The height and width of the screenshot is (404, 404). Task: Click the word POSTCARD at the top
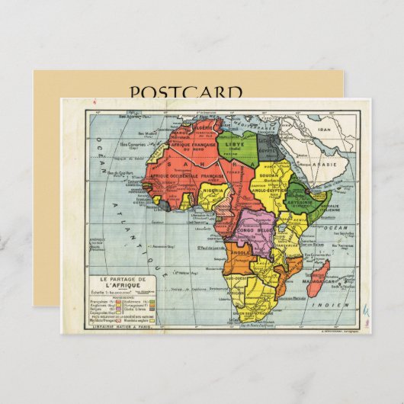click(186, 92)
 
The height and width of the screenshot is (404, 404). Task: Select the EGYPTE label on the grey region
click(268, 150)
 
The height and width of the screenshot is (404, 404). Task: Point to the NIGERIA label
click(213, 191)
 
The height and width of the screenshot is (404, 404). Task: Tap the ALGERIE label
click(206, 127)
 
